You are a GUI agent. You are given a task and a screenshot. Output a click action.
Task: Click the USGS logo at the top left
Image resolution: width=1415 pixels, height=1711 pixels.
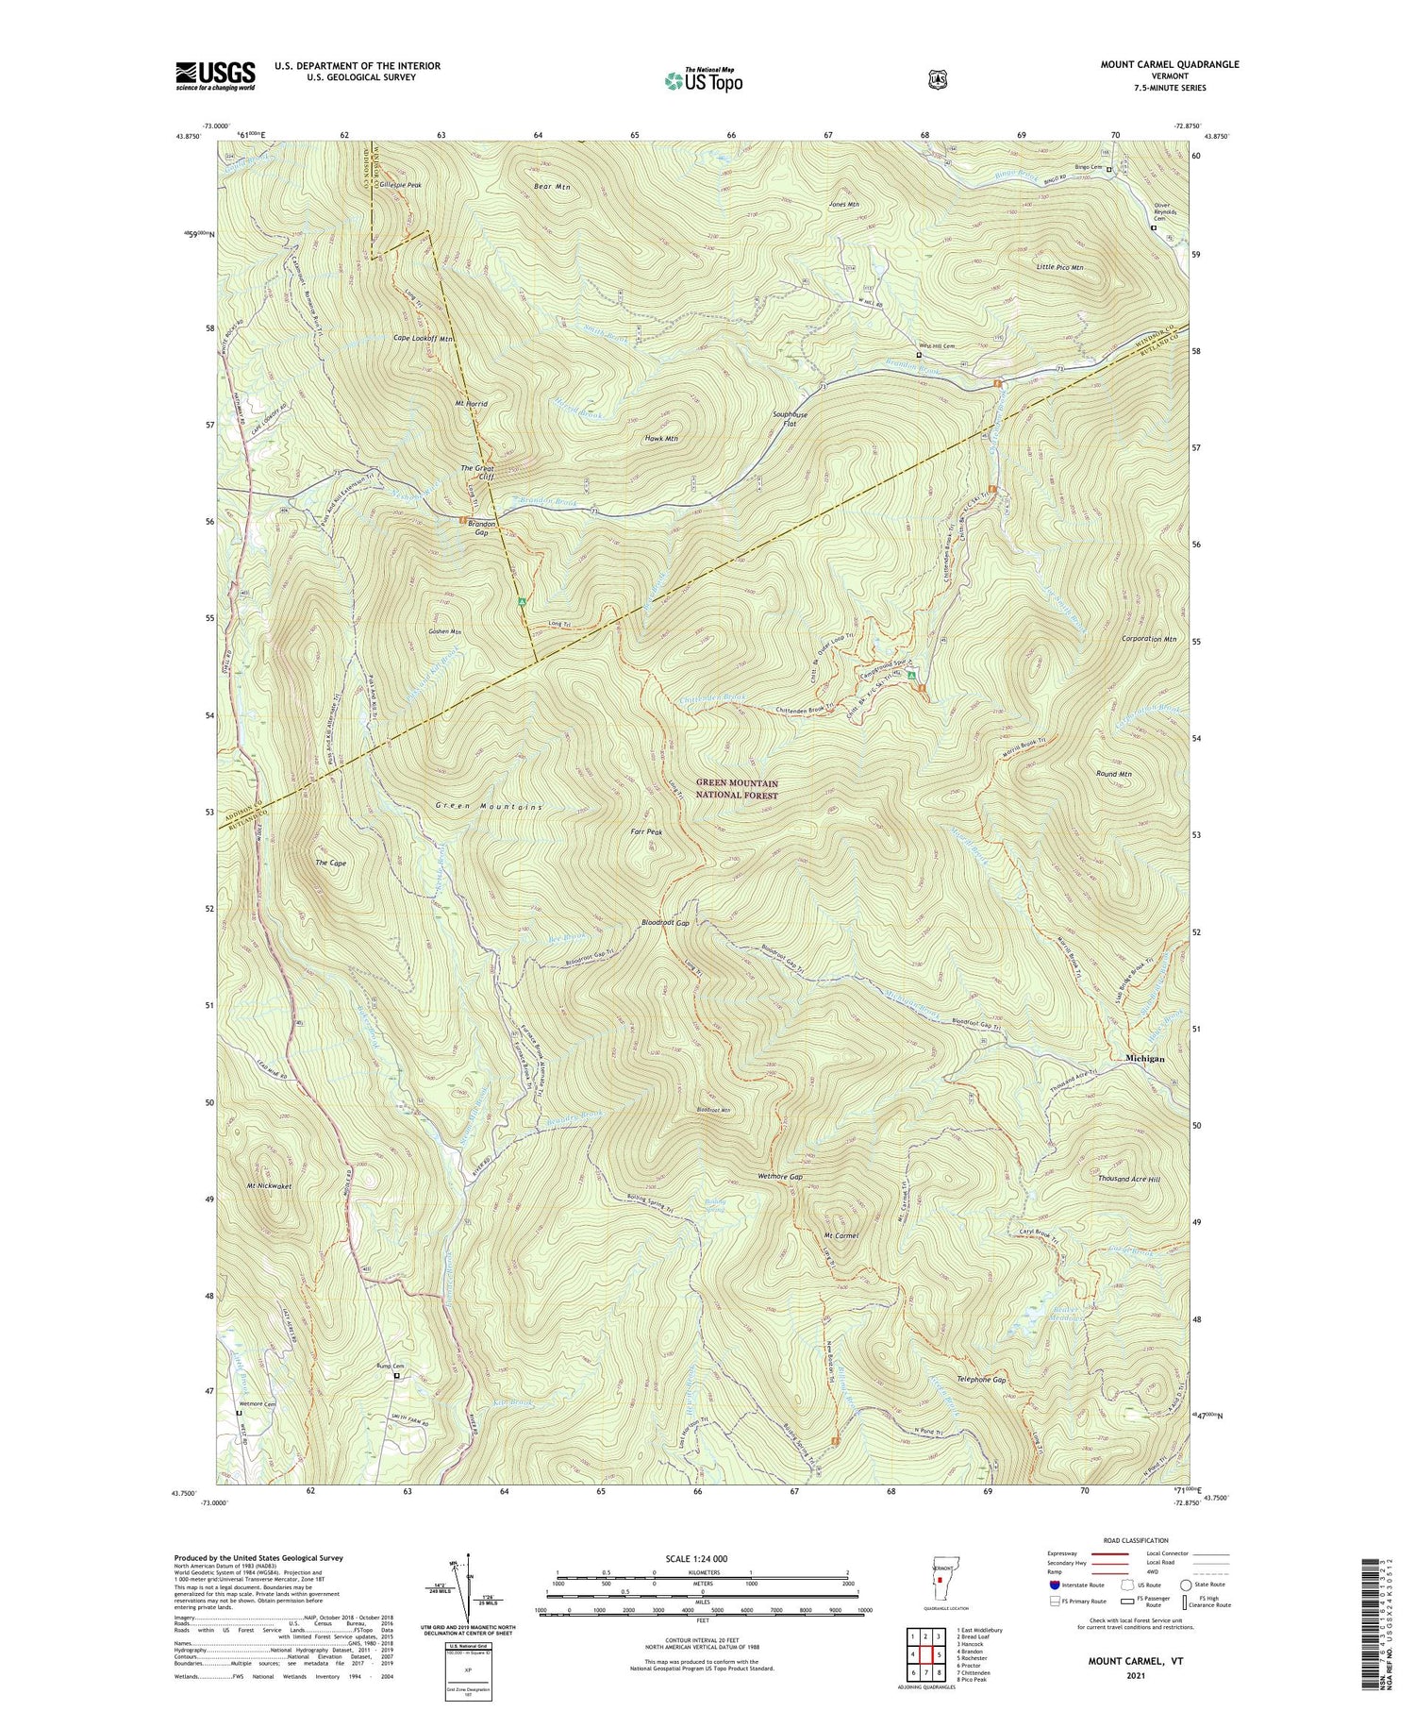215,75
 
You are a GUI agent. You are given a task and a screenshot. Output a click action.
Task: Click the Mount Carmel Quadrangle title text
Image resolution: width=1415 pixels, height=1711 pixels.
1169,64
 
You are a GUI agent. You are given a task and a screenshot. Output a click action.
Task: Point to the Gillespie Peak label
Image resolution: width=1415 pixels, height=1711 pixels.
401,185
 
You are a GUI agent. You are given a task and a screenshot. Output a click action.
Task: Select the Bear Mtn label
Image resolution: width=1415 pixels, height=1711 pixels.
552,187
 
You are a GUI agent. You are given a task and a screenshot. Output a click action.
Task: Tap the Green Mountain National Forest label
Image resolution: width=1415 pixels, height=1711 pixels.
737,789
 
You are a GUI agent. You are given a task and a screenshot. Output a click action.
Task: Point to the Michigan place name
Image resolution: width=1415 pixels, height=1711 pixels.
1144,1059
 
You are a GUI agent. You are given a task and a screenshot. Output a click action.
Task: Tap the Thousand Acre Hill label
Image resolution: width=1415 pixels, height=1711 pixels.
1128,1179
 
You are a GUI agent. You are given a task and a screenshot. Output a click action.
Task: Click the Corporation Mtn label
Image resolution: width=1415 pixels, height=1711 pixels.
1149,639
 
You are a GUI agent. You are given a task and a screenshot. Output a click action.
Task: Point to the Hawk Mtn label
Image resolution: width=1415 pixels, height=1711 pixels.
661,439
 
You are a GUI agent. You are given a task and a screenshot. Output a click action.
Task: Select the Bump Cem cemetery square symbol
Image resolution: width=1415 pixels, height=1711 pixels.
396,1376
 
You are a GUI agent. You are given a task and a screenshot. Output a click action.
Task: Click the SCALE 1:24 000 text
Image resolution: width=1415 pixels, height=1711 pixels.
702,1558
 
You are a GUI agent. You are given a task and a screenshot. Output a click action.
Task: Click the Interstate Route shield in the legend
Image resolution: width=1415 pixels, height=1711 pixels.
1053,1585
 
